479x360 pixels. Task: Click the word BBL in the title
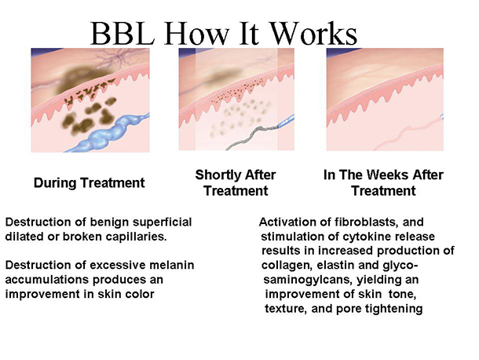click(x=122, y=33)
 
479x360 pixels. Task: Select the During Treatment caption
click(x=90, y=183)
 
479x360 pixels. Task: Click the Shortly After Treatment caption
click(x=236, y=182)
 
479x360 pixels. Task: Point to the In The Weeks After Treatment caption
click(x=383, y=182)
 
